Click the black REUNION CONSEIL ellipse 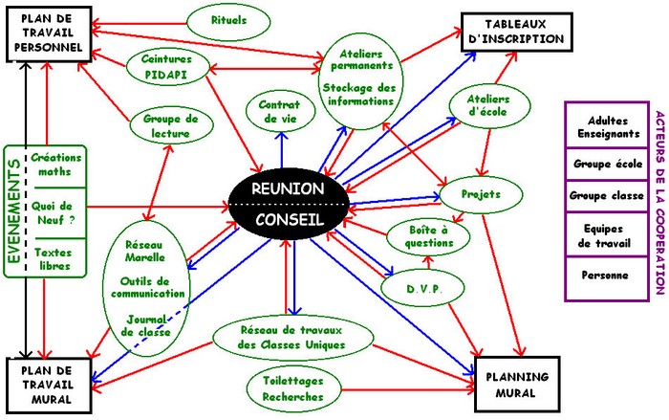pos(290,205)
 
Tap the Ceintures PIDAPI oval pos(167,66)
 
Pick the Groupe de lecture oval pos(171,124)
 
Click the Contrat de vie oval pos(280,112)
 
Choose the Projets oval pos(481,195)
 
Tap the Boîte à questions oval pos(428,236)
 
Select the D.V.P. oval pos(422,288)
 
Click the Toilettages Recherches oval pos(292,388)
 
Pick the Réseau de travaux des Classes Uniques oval pos(292,338)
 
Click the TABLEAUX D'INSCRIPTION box pos(517,32)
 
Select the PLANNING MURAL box pos(517,385)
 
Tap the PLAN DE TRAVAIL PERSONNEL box pos(49,33)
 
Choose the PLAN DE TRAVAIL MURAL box pos(49,386)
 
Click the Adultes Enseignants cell pos(608,126)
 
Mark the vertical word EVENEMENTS pos(13,211)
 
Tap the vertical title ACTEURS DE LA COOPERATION pos(659,202)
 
